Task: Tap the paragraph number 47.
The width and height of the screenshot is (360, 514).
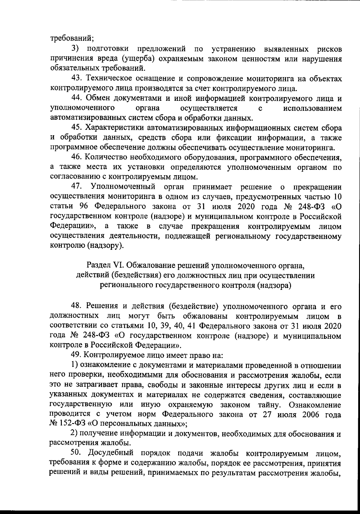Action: [76, 186]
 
